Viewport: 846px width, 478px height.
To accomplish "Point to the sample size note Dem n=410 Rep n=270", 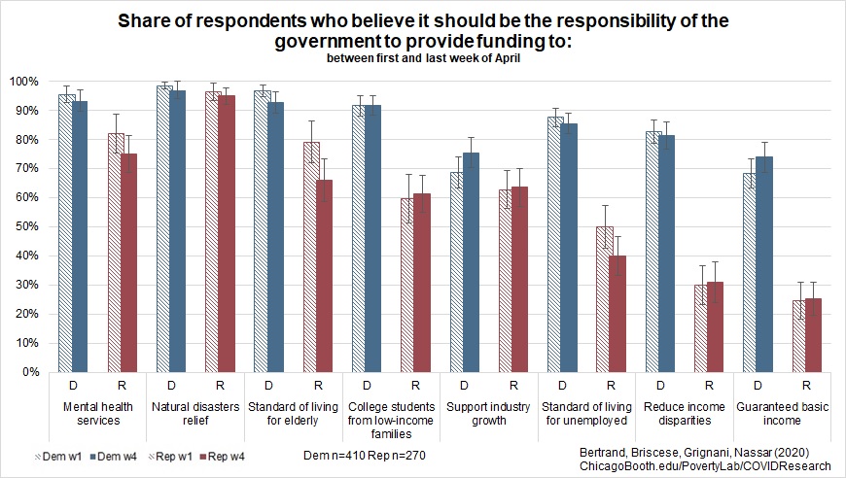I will [x=363, y=453].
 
